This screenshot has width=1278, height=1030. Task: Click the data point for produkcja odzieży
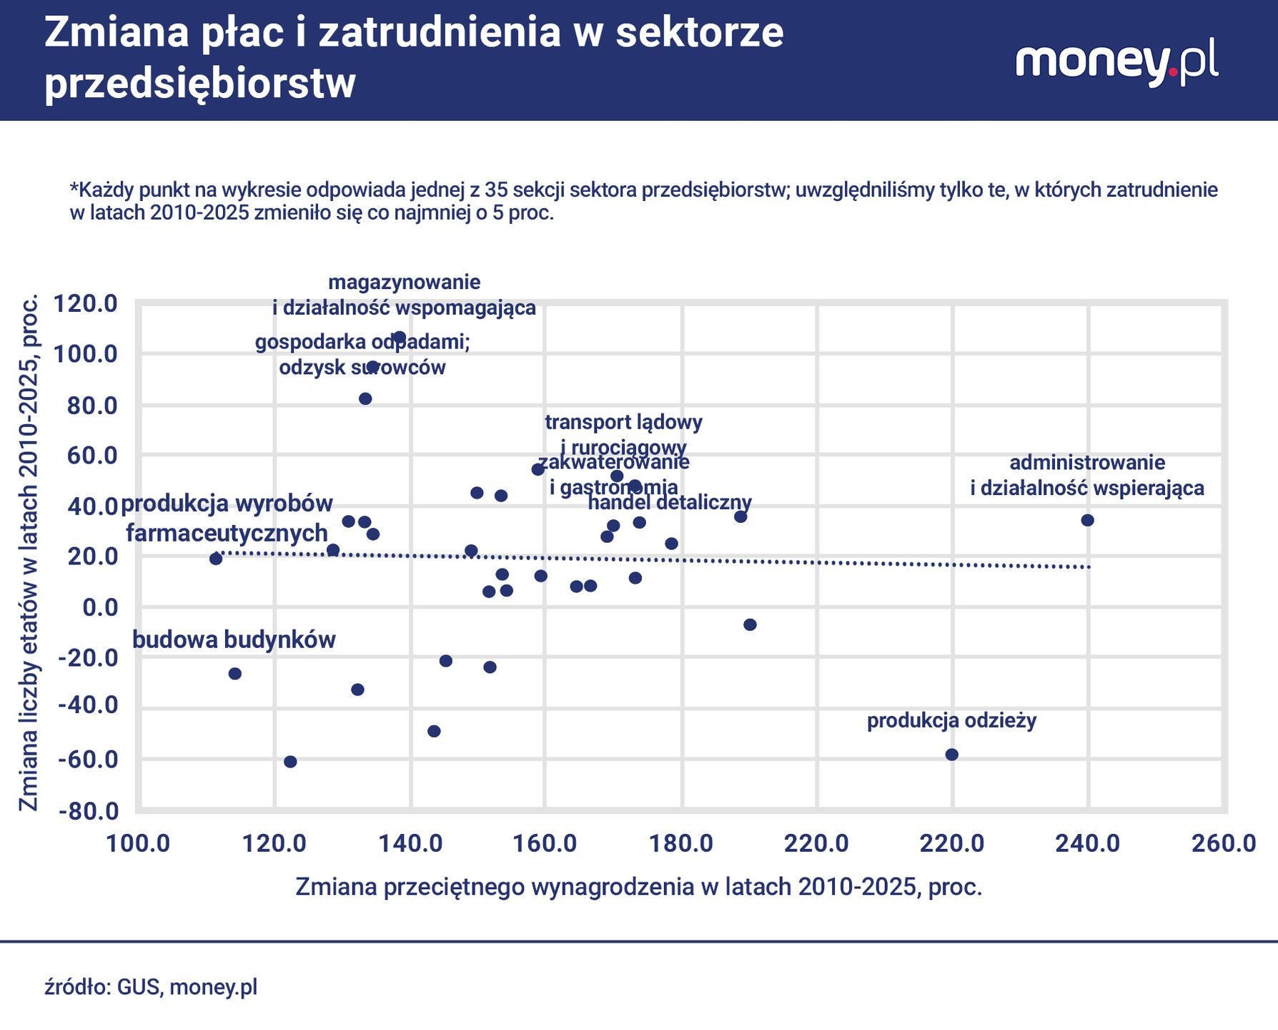click(951, 755)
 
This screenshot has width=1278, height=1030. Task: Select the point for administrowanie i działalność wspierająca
click(1087, 520)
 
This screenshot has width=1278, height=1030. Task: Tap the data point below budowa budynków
click(234, 674)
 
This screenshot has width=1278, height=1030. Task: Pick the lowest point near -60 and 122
click(290, 762)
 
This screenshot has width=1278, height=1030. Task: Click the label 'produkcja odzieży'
click(951, 720)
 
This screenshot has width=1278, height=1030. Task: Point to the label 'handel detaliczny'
click(669, 502)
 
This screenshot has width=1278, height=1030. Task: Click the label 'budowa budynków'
click(234, 639)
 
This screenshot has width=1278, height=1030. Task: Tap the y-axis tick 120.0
click(86, 303)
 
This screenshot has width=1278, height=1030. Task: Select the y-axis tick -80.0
click(89, 811)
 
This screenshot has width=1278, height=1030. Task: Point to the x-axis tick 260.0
click(1223, 843)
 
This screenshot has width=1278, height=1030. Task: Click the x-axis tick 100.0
click(138, 843)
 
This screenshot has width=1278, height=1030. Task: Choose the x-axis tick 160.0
click(546, 843)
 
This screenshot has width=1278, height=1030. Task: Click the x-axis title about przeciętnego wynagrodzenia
click(638, 887)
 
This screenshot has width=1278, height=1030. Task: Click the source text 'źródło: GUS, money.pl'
click(151, 987)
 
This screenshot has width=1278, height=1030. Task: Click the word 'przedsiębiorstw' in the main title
click(200, 84)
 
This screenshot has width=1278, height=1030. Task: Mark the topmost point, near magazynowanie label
click(400, 337)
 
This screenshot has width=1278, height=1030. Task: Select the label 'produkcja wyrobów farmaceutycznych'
click(227, 518)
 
